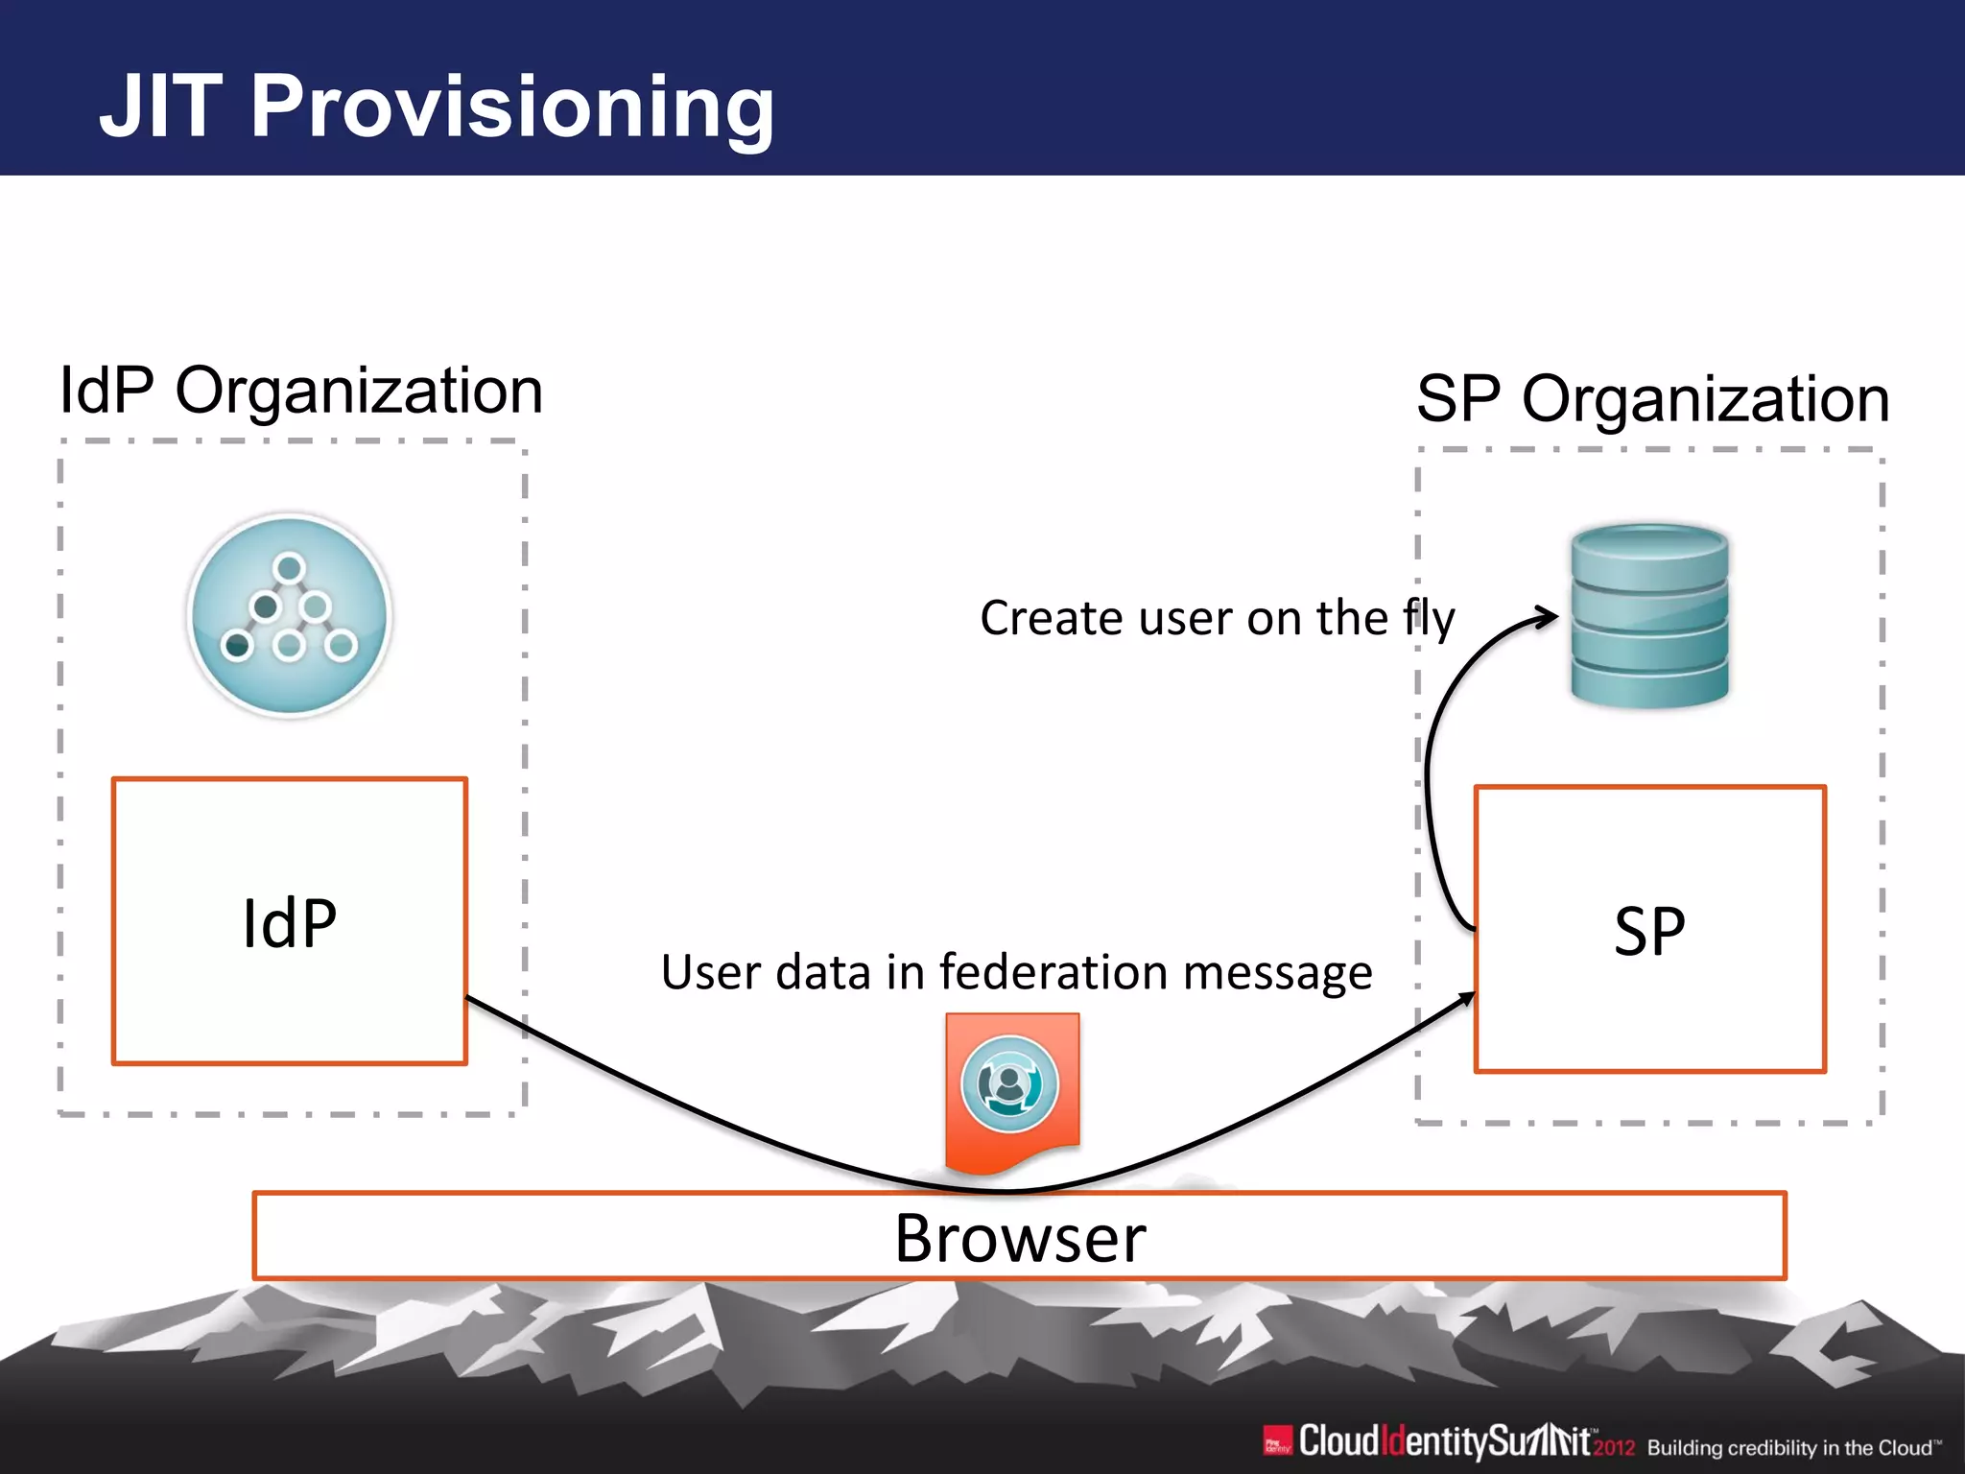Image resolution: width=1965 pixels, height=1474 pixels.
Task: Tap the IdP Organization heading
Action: click(301, 392)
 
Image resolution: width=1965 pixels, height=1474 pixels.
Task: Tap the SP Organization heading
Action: click(1652, 399)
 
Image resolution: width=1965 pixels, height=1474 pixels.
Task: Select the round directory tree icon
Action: click(290, 615)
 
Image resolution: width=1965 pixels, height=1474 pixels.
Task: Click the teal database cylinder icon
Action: click(1649, 616)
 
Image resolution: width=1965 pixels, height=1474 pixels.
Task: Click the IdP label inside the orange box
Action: click(289, 923)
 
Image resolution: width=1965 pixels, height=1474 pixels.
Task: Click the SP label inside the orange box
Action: click(1649, 931)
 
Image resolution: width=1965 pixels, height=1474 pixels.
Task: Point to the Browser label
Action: click(1020, 1238)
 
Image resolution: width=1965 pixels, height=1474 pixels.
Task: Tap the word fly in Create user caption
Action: click(1429, 619)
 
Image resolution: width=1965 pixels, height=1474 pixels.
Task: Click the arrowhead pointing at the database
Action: click(1548, 616)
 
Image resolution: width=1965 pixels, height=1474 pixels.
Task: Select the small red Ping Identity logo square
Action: click(1277, 1441)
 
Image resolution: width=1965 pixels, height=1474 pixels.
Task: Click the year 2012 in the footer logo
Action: click(1614, 1447)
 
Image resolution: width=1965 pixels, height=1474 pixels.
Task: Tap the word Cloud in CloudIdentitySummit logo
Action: click(1338, 1441)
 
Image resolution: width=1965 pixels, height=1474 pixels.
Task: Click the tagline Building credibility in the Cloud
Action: click(1792, 1447)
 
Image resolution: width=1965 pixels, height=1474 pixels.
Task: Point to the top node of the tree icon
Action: click(289, 568)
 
